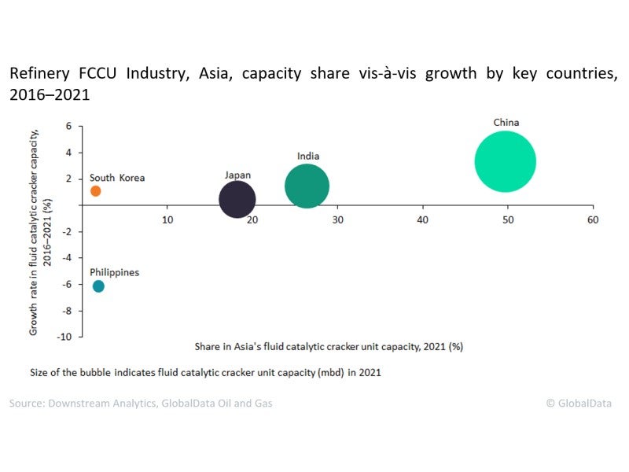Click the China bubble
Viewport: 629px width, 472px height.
click(505, 161)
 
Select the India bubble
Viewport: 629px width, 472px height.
click(307, 186)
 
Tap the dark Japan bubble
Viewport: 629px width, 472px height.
click(237, 199)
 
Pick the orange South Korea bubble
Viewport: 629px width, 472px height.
click(96, 191)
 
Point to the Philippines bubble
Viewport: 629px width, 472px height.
click(98, 286)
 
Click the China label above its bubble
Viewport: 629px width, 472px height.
click(506, 123)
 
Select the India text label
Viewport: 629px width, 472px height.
click(308, 157)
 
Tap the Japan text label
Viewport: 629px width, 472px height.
click(237, 175)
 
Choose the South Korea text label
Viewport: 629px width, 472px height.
click(117, 178)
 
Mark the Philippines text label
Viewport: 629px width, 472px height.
click(114, 272)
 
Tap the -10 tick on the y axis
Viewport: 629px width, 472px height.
click(65, 337)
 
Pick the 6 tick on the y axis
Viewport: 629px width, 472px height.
click(68, 126)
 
